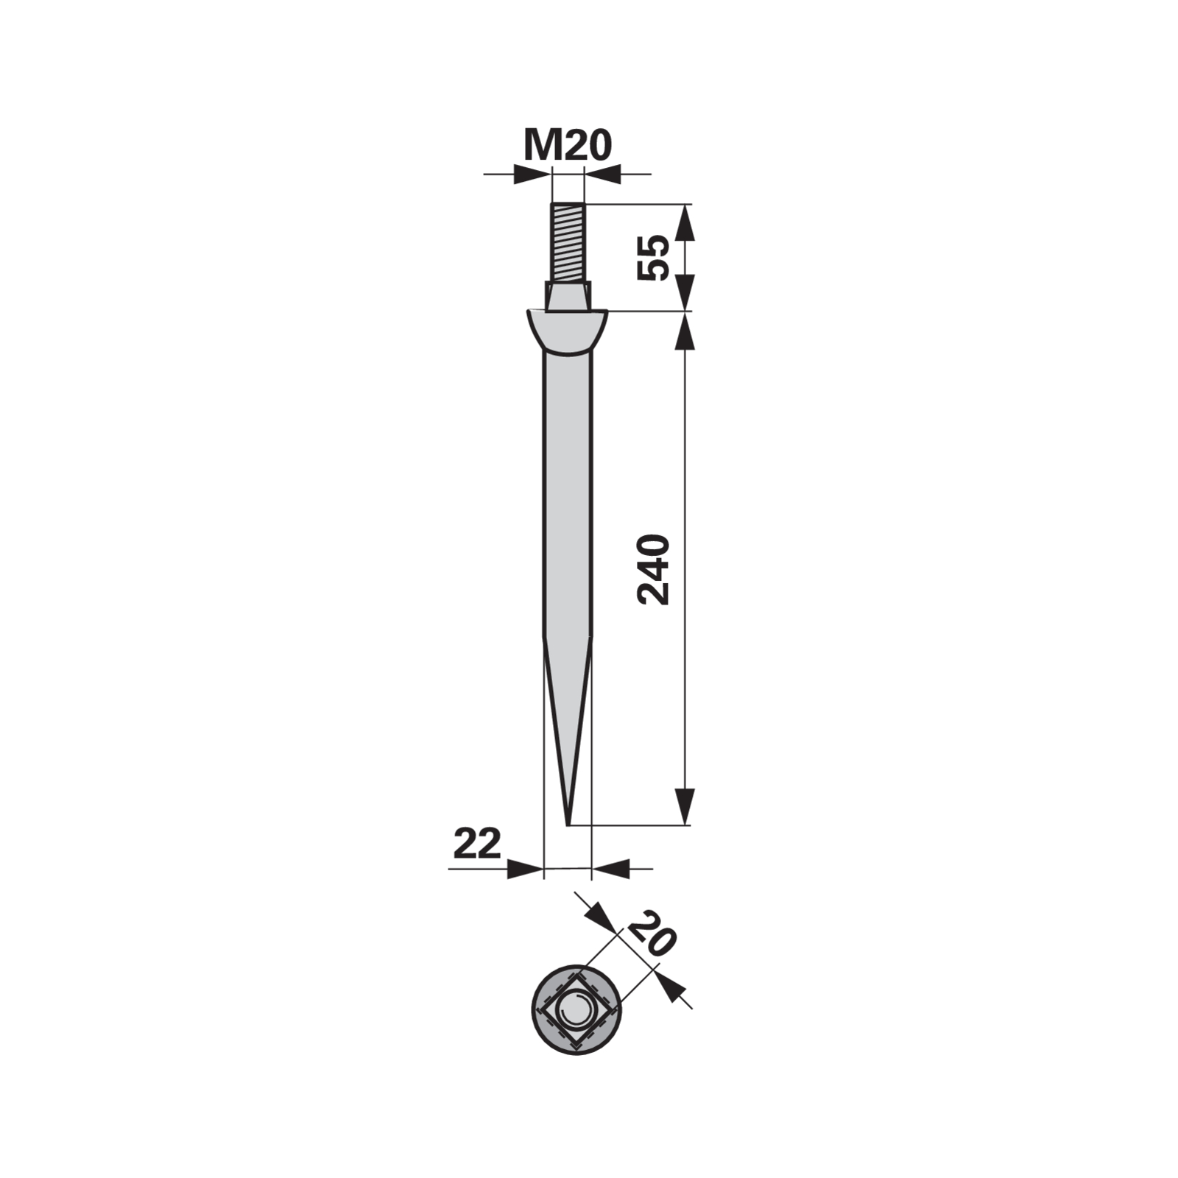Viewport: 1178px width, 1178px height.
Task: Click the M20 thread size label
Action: [567, 146]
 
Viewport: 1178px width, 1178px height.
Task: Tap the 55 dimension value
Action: [654, 257]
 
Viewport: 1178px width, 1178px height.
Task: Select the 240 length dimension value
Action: [654, 570]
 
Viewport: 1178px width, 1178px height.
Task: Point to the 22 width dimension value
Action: [476, 844]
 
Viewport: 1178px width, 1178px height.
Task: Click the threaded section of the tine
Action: [568, 244]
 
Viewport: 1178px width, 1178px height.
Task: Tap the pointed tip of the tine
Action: [568, 824]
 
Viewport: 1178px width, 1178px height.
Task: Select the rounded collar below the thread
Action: [567, 331]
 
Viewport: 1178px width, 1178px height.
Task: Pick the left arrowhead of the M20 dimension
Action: [532, 174]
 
